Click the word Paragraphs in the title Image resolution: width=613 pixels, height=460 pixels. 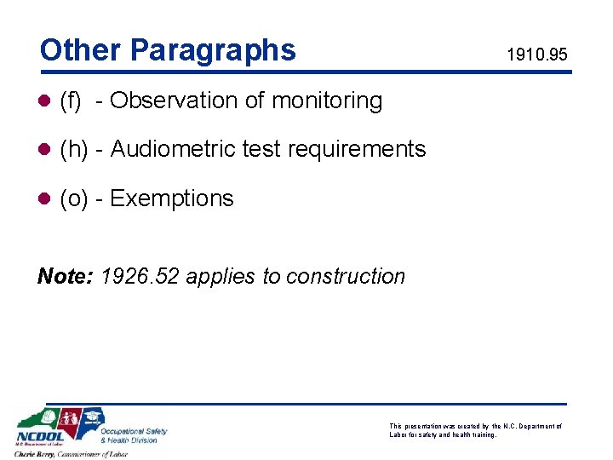(x=213, y=51)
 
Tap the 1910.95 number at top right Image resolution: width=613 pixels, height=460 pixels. (x=536, y=56)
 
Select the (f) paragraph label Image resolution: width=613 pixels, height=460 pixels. (x=71, y=101)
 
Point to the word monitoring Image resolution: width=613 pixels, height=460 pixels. (x=327, y=101)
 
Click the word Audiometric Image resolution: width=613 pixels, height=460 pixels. (x=173, y=149)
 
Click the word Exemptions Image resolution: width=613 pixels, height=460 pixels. (x=172, y=198)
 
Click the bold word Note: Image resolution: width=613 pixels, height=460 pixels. (x=66, y=276)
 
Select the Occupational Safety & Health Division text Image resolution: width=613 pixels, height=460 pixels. (x=134, y=435)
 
